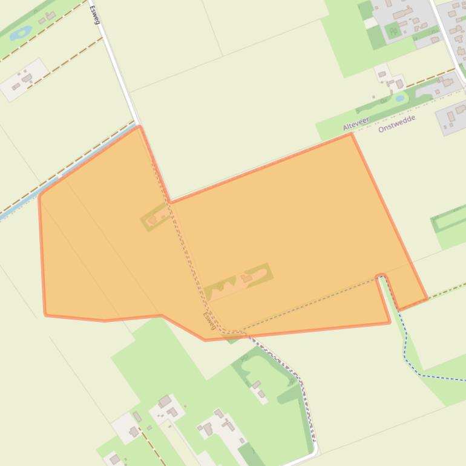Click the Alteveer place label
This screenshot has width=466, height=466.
[x=355, y=124]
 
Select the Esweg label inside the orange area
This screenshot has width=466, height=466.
[x=209, y=321]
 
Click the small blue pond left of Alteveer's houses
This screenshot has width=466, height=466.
[x=399, y=97]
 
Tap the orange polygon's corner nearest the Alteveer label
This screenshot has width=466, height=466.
[x=351, y=134]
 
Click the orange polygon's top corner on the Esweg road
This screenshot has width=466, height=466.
[x=140, y=126]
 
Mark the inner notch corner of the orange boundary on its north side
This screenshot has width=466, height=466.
[x=170, y=202]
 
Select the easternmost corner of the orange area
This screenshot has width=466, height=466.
[x=427, y=298]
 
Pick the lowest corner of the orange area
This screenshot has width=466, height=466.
[x=205, y=340]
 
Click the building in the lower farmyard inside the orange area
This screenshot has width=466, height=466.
[x=246, y=278]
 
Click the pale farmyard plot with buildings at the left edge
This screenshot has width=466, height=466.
[x=23, y=79]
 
